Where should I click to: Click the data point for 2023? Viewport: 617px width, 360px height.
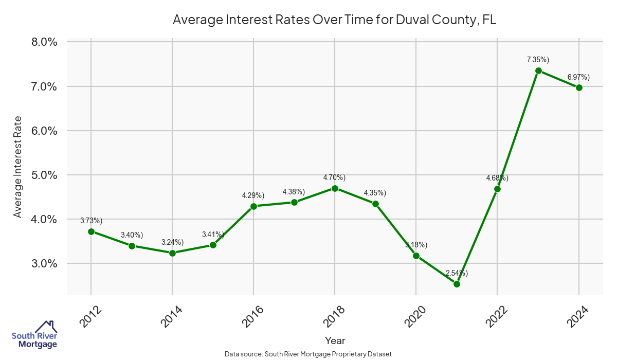click(x=538, y=70)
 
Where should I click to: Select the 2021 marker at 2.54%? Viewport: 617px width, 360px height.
click(x=457, y=284)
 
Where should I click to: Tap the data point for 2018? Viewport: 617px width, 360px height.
click(x=335, y=188)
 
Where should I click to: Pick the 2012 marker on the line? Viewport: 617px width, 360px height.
click(x=91, y=231)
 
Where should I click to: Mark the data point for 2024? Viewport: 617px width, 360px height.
click(x=579, y=87)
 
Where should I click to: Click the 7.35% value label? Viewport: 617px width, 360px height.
click(x=538, y=60)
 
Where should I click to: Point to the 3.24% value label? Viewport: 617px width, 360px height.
click(x=172, y=242)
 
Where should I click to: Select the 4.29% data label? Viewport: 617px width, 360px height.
click(x=253, y=195)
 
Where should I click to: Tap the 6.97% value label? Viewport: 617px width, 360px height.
click(x=578, y=77)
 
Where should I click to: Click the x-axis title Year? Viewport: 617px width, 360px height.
click(x=335, y=340)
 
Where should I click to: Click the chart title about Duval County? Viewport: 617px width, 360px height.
click(x=334, y=20)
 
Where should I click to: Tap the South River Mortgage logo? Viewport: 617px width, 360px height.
click(x=34, y=335)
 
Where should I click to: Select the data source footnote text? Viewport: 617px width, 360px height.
click(x=308, y=354)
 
